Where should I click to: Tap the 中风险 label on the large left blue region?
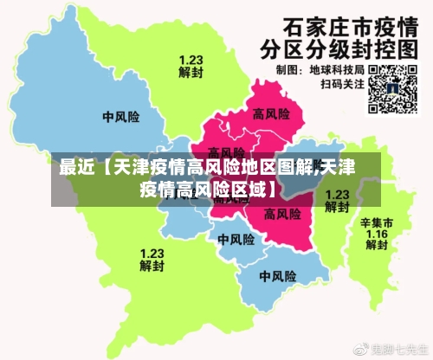[120, 116]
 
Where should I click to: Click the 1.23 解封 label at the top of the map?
[191, 67]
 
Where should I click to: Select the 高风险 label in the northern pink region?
[270, 112]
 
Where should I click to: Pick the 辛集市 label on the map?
[377, 222]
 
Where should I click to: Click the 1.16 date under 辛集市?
[377, 234]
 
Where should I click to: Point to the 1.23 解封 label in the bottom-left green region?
[152, 259]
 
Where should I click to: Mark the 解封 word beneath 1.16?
[377, 246]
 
